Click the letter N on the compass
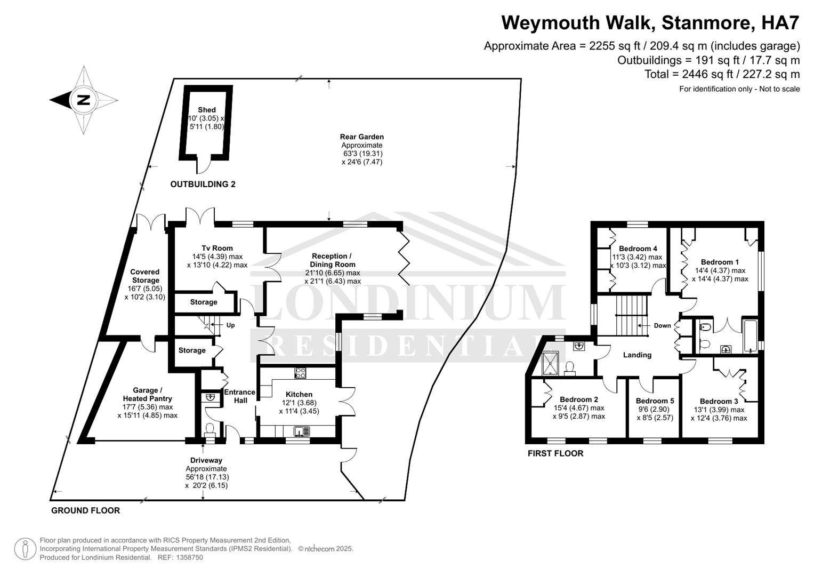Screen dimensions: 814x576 84,100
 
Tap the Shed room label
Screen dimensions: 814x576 207,110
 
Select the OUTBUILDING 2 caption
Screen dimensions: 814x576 203,185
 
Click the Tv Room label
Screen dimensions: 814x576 217,249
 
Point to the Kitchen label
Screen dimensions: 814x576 299,394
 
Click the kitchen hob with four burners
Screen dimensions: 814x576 300,373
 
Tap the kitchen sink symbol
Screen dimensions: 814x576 302,431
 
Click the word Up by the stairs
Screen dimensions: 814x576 230,325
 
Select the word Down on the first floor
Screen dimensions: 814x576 663,325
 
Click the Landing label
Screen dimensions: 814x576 637,355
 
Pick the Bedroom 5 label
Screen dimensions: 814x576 655,401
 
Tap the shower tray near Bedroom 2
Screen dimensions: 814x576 551,363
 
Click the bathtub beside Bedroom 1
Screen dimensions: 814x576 751,336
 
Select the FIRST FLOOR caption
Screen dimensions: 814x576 555,453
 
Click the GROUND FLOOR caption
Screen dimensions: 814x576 85,510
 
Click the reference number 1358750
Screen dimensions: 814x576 190,557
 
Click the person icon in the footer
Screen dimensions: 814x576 25,549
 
